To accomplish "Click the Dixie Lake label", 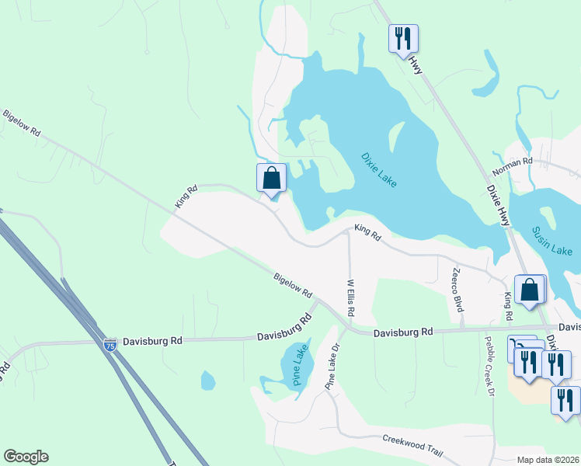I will point(379,169).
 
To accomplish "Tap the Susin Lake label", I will point(552,241).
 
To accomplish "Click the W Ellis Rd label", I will point(351,297).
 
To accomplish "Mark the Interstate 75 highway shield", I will point(110,344).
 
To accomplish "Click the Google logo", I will point(26,457).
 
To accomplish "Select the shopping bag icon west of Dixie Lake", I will point(272,178).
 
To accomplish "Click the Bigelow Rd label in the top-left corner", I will point(21,123).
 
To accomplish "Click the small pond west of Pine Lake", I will point(207,381).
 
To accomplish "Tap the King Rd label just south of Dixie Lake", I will point(368,231).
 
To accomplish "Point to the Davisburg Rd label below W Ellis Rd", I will point(402,332).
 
